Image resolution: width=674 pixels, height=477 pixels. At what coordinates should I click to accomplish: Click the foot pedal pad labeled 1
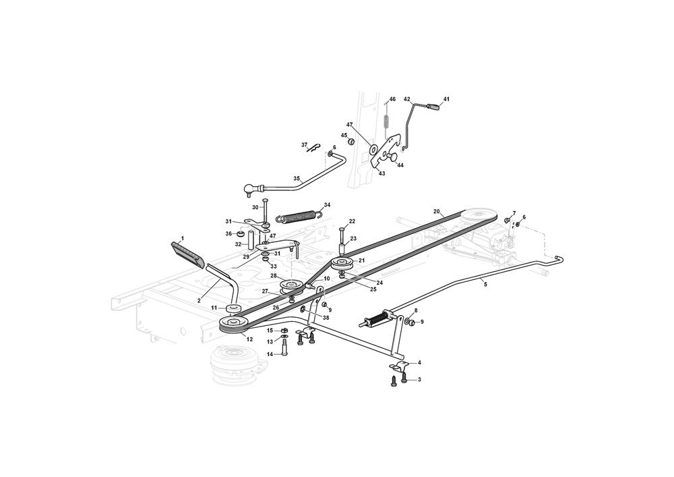point(188,254)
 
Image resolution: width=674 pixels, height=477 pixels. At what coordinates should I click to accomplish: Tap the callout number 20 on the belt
point(437,211)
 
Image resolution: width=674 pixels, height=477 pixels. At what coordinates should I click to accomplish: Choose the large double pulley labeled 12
point(233,325)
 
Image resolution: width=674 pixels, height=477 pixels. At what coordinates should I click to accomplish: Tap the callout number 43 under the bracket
point(381,173)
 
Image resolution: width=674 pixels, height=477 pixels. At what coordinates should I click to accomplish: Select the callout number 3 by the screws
point(419,379)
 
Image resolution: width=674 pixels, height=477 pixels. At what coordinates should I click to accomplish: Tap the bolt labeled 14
point(284,347)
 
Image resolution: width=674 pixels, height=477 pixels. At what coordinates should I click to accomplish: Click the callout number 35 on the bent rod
point(297,178)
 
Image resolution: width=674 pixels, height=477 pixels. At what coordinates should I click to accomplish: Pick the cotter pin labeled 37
point(315,148)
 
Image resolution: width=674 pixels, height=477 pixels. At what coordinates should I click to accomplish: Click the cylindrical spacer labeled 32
point(249,239)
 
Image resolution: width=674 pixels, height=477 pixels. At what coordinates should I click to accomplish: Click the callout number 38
point(326,318)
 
